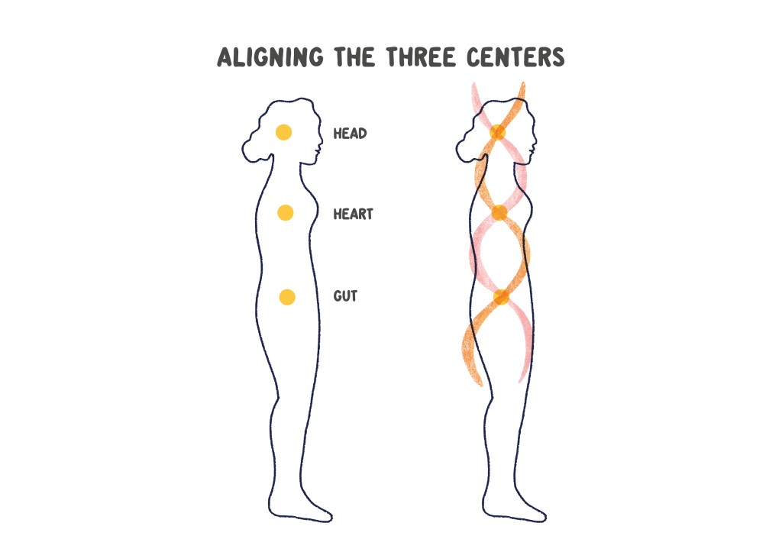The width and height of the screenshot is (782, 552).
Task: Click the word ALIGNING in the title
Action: click(270, 56)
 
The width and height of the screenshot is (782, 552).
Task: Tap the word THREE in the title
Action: click(422, 56)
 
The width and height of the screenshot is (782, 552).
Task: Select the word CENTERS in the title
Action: click(515, 56)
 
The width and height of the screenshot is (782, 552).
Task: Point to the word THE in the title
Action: click(354, 56)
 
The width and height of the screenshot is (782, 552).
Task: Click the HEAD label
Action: click(350, 134)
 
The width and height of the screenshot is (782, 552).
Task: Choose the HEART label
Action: click(353, 214)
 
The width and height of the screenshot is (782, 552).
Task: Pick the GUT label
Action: click(345, 296)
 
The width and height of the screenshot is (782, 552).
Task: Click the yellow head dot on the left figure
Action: click(284, 132)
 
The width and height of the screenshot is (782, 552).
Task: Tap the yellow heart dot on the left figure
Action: click(286, 212)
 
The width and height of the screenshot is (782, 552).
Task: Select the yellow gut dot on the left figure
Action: click(287, 297)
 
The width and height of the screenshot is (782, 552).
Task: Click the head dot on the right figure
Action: click(498, 132)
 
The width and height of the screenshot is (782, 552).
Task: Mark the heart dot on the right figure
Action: click(499, 213)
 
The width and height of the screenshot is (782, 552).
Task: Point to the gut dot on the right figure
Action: click(501, 297)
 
